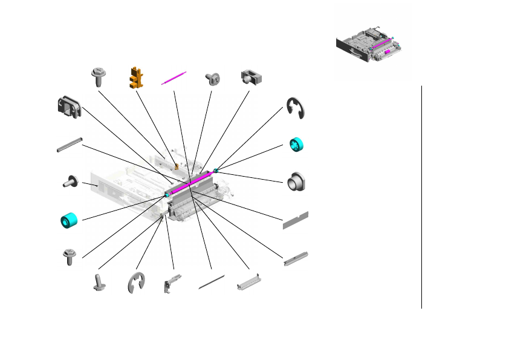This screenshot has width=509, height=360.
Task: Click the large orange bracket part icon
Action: (x=137, y=77)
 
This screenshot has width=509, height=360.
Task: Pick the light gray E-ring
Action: (x=137, y=283)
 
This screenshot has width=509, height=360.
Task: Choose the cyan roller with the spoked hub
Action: (x=297, y=145)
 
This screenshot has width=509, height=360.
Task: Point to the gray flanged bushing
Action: (x=296, y=182)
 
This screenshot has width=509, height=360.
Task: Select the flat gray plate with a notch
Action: (x=296, y=220)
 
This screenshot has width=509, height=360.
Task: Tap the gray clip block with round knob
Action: (x=251, y=77)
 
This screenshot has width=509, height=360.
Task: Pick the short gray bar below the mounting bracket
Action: (x=68, y=146)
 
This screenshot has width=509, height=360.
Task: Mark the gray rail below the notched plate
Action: (x=296, y=259)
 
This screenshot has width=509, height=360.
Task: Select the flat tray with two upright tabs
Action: (x=250, y=283)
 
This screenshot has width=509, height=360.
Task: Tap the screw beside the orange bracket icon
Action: (x=99, y=77)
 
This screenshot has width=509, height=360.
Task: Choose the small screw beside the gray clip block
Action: (x=212, y=77)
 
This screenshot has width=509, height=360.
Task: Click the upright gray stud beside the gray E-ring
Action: (x=97, y=283)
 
